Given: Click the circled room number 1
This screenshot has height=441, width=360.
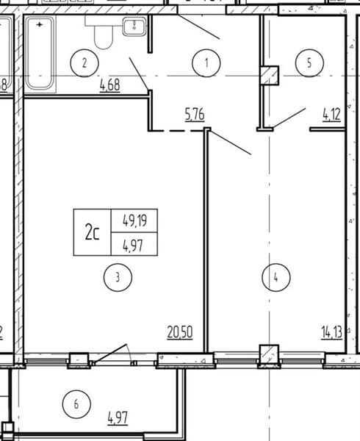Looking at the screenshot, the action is [x=206, y=62].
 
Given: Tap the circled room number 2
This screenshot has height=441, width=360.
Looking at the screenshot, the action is [x=84, y=63].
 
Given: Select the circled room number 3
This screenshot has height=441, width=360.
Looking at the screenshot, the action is [x=118, y=277].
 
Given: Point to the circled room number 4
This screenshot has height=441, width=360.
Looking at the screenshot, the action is [x=276, y=277].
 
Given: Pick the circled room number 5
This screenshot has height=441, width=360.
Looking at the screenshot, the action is [x=309, y=62].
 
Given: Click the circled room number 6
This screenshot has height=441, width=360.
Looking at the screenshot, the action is [x=76, y=404].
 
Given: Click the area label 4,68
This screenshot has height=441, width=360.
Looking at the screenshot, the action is [x=110, y=85].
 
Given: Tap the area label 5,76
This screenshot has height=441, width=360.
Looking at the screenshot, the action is [x=195, y=115].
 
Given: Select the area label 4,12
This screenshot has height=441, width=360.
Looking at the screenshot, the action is [x=331, y=115].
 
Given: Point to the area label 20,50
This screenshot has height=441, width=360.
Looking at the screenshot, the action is [x=180, y=332].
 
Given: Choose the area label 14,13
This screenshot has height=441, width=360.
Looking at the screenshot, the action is [x=331, y=332].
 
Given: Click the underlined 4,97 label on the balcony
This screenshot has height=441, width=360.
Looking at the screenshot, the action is [x=118, y=418].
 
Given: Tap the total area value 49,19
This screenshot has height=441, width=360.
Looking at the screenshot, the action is [x=135, y=220].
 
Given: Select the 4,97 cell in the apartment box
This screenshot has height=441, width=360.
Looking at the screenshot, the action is [x=133, y=245].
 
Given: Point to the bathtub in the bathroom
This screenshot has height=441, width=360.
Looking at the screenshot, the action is [x=40, y=54].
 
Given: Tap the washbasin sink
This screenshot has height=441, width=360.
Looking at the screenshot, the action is [x=134, y=26].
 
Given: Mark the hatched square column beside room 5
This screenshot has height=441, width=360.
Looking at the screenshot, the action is [x=269, y=76].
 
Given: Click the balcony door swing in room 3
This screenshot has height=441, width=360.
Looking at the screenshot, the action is [x=111, y=354].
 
